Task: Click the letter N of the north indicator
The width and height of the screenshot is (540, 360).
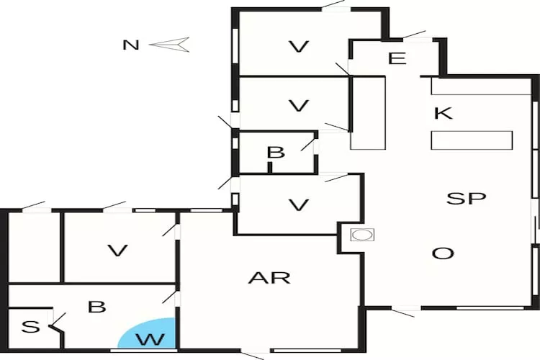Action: tap(130, 45)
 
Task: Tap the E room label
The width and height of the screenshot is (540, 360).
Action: tap(397, 58)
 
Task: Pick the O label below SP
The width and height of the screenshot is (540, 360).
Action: tap(443, 253)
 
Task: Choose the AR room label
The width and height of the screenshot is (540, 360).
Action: tap(269, 277)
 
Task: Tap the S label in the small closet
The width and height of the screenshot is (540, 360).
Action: tap(30, 327)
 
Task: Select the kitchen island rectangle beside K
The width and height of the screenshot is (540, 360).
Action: tap(472, 140)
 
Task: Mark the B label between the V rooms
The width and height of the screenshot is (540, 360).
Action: tap(275, 153)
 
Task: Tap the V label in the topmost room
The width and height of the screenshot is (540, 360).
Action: tap(298, 47)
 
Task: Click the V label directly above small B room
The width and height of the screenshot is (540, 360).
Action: tap(298, 106)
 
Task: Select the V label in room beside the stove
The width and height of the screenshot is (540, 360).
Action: tap(298, 205)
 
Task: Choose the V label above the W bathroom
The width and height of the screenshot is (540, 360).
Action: tap(117, 251)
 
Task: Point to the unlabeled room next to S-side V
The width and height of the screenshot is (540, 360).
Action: tap(34, 247)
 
